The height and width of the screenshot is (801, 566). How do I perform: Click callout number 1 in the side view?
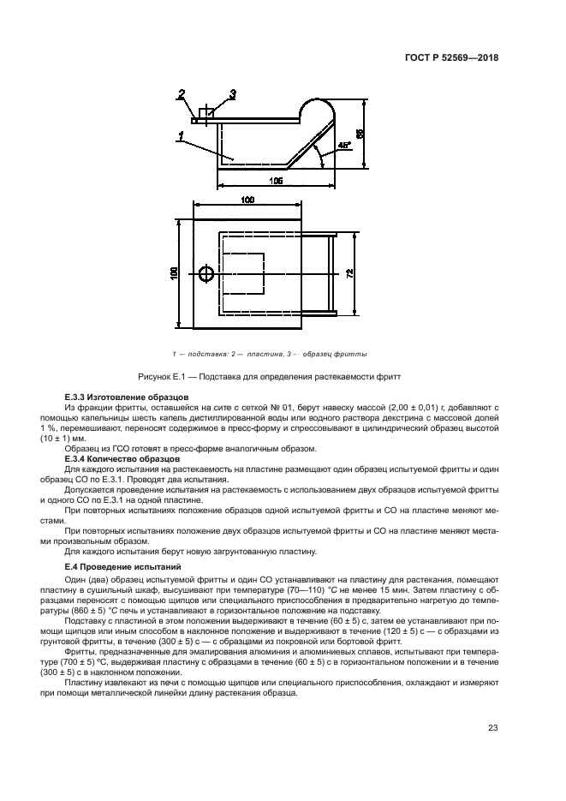click(182, 135)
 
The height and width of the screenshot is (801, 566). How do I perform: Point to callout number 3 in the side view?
click(233, 93)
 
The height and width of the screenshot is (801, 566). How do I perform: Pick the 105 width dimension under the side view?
click(277, 181)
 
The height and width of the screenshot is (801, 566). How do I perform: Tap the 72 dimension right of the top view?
click(349, 272)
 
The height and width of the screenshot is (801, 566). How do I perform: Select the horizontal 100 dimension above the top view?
click(247, 200)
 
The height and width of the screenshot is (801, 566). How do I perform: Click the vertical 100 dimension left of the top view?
click(174, 272)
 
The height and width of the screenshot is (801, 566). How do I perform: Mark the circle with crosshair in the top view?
click(206, 273)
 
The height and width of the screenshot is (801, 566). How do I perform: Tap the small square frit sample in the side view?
click(206, 113)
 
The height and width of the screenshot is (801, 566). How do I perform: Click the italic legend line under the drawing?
click(270, 353)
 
